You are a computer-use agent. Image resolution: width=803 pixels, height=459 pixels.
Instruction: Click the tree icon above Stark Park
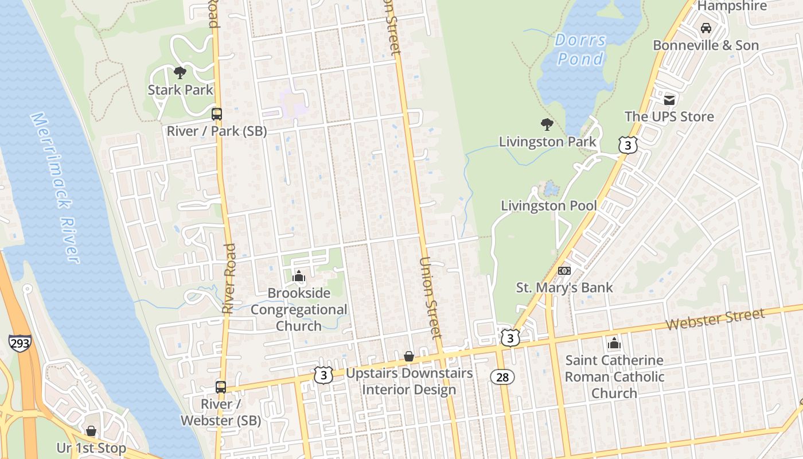(x=180, y=72)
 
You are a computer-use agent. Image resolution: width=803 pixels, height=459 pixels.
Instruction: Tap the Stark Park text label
(x=180, y=90)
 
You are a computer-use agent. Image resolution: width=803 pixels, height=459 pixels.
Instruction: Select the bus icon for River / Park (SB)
(x=216, y=114)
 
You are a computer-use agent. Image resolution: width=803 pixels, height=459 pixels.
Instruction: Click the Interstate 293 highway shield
(x=20, y=343)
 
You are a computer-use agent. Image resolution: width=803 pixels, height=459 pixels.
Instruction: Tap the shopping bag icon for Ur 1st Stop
(x=91, y=430)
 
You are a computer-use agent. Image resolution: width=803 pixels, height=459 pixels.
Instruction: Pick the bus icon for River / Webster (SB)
(x=221, y=387)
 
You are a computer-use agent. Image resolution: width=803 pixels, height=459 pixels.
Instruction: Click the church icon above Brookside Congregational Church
(x=299, y=277)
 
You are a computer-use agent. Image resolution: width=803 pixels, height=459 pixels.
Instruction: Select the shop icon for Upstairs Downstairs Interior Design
(x=409, y=357)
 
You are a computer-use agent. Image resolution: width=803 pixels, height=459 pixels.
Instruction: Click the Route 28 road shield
(x=502, y=377)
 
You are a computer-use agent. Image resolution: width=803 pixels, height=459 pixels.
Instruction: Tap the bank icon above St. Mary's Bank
(x=564, y=271)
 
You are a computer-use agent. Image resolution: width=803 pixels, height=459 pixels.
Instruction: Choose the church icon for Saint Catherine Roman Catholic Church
(x=614, y=344)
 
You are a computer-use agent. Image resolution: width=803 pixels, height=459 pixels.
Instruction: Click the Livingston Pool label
(x=549, y=205)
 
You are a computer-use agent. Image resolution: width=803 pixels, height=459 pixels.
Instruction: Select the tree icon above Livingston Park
(x=547, y=124)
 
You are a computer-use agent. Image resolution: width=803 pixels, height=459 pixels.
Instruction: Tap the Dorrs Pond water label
(x=580, y=49)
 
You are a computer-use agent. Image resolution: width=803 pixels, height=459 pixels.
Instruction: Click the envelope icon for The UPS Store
(x=669, y=100)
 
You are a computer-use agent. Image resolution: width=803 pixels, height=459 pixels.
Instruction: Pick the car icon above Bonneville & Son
(x=706, y=28)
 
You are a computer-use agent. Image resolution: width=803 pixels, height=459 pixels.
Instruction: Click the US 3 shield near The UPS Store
(x=627, y=145)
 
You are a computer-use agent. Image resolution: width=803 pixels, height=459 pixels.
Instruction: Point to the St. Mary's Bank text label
(x=564, y=287)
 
